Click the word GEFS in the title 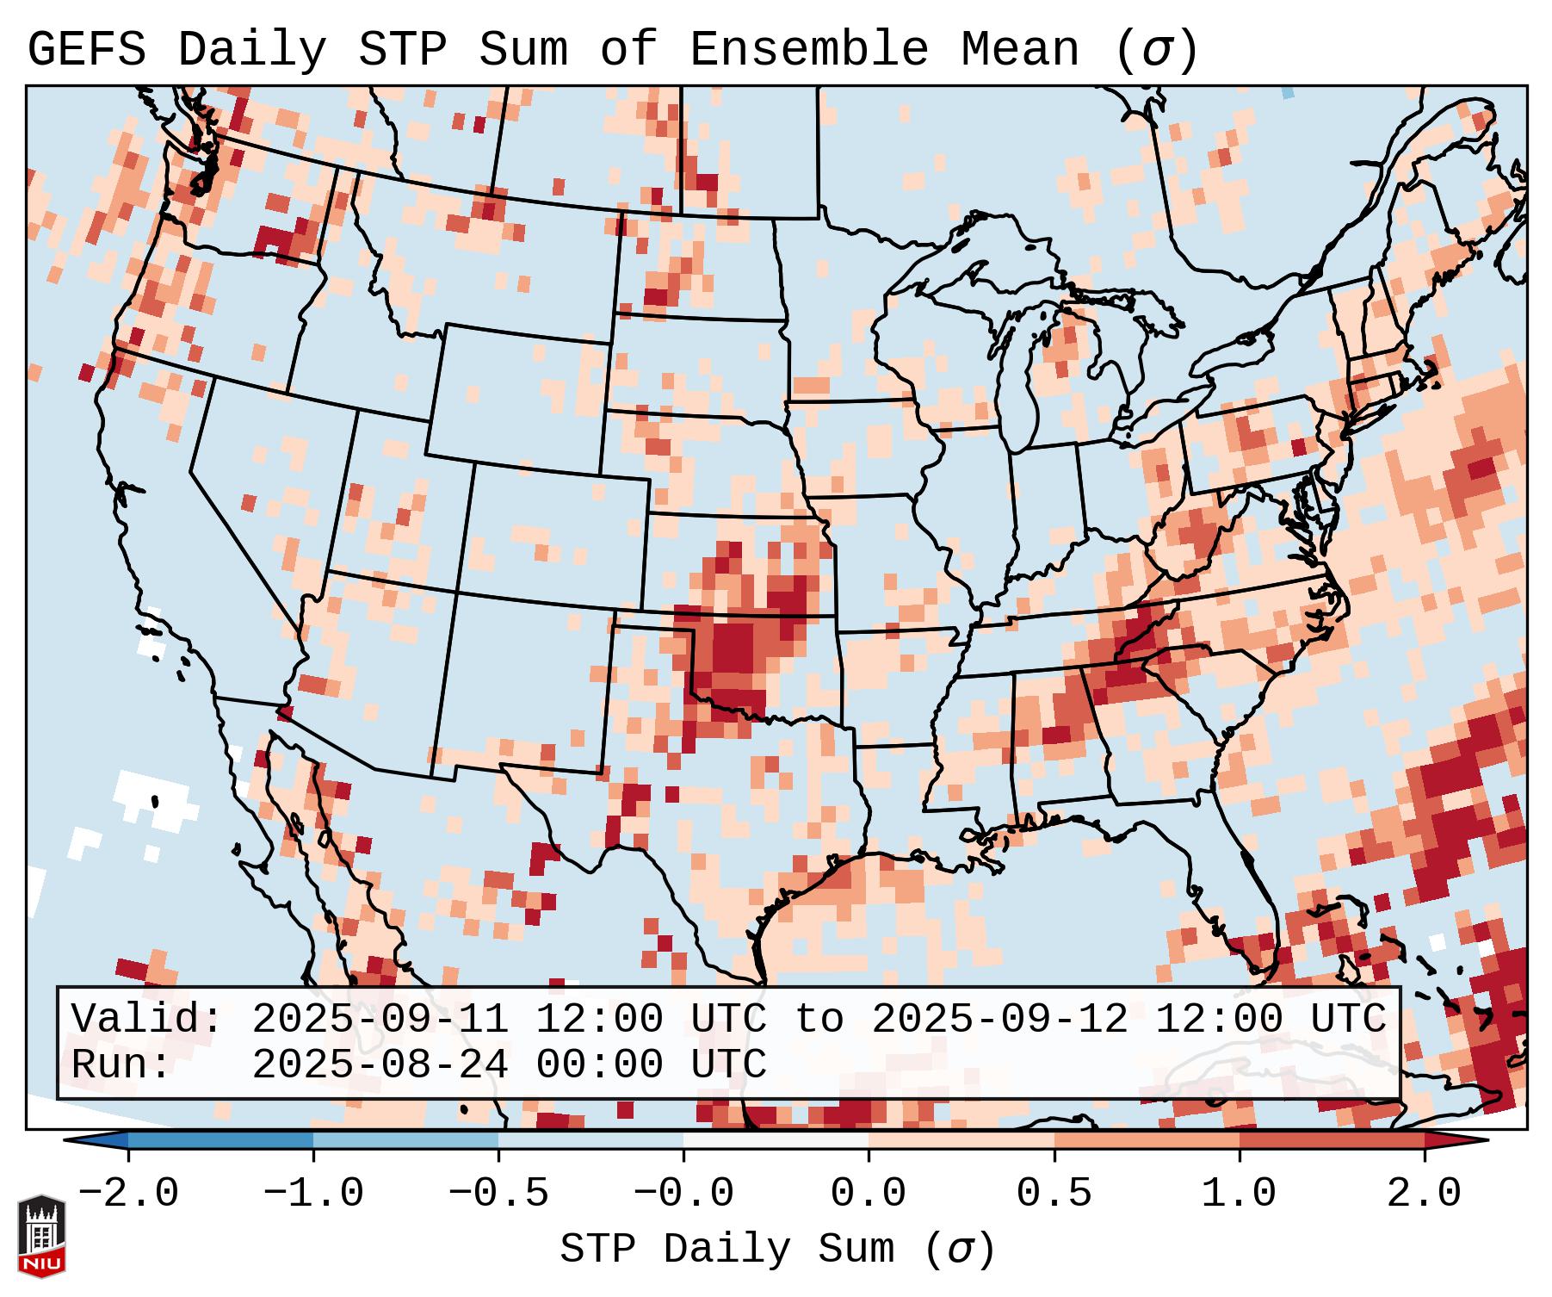(86, 50)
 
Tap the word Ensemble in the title (808, 50)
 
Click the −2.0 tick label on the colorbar (127, 1194)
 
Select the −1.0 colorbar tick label (313, 1194)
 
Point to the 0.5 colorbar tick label (1054, 1194)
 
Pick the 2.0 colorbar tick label (1424, 1194)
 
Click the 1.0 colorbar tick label (1239, 1194)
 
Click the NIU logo (41, 1236)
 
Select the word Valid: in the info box (146, 1019)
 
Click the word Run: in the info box (121, 1064)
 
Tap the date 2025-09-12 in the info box (999, 1019)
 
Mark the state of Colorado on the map (555, 534)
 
